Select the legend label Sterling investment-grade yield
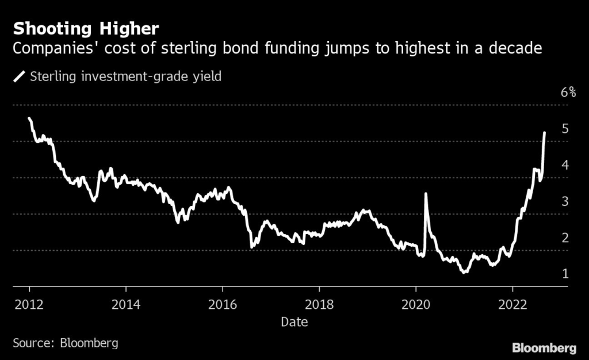[125, 76]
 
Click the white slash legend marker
[20, 76]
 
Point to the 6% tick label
[568, 93]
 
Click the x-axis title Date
[294, 322]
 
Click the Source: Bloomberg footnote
[66, 343]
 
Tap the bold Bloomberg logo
[544, 347]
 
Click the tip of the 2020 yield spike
[426, 194]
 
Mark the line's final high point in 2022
[544, 133]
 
